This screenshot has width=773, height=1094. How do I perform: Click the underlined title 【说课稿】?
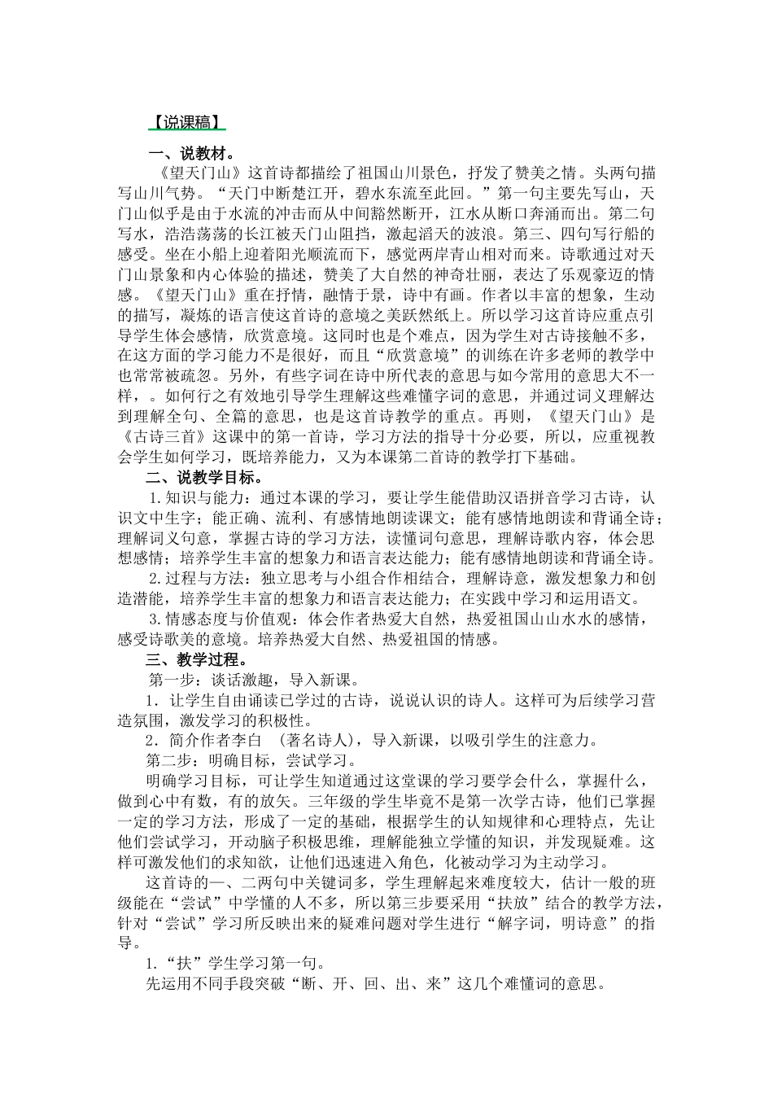(x=185, y=121)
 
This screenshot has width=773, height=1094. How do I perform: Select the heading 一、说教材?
(x=190, y=153)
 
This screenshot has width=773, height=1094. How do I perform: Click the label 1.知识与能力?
(x=190, y=497)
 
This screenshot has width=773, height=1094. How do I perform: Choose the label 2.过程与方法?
(x=190, y=578)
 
